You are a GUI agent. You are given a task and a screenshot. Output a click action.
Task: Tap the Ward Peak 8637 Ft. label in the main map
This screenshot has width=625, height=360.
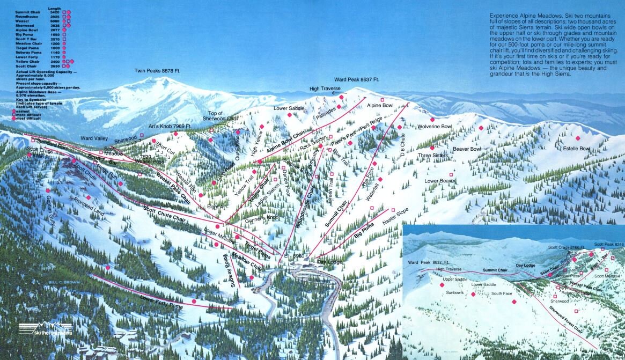357,79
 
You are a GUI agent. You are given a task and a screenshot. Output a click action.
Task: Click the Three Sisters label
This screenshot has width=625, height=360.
432,156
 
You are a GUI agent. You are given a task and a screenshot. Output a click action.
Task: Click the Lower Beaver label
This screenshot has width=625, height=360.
440,181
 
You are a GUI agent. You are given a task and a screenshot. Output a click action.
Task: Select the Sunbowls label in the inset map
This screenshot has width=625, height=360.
454,293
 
